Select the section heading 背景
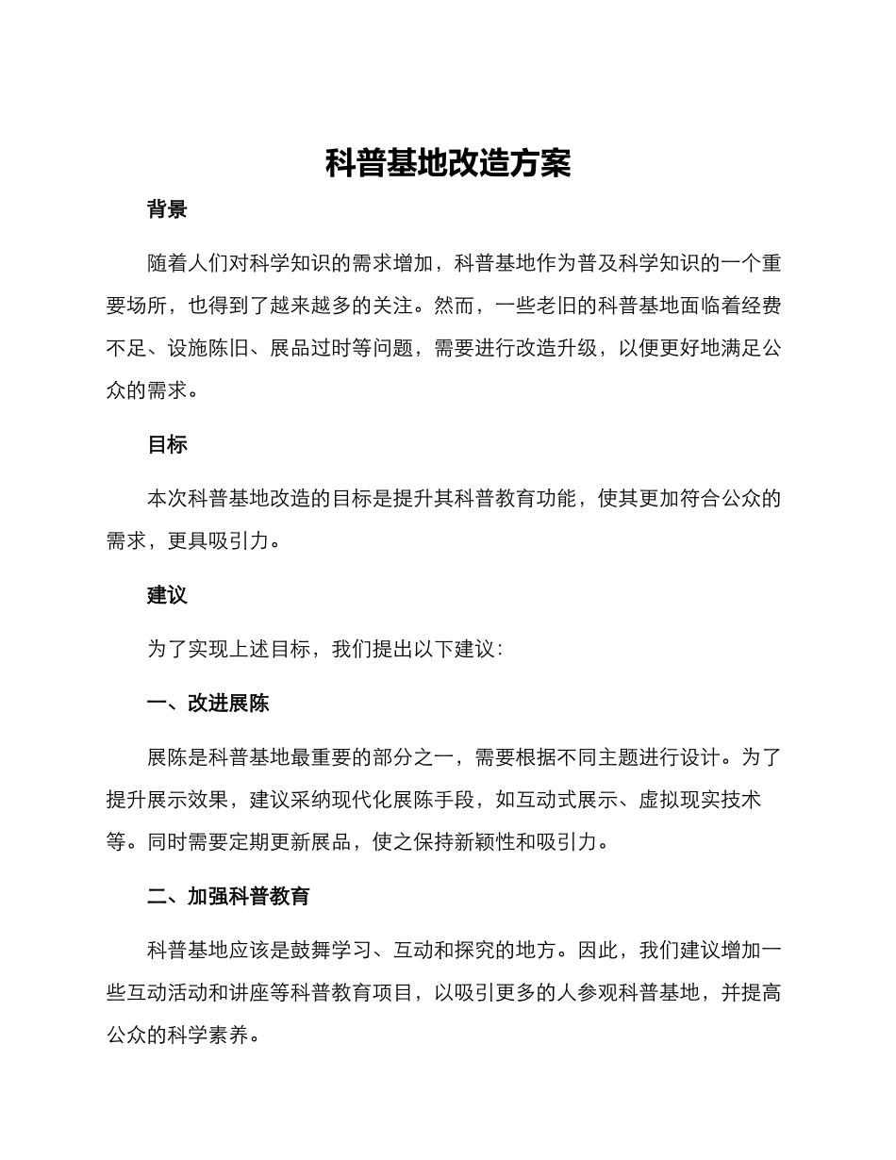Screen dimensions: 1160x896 click(167, 209)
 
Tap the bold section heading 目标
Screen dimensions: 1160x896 click(167, 444)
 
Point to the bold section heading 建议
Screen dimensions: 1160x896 click(167, 595)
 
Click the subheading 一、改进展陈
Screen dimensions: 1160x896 click(208, 703)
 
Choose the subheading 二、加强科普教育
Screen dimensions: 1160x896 click(229, 896)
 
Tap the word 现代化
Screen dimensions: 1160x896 click(373, 800)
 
